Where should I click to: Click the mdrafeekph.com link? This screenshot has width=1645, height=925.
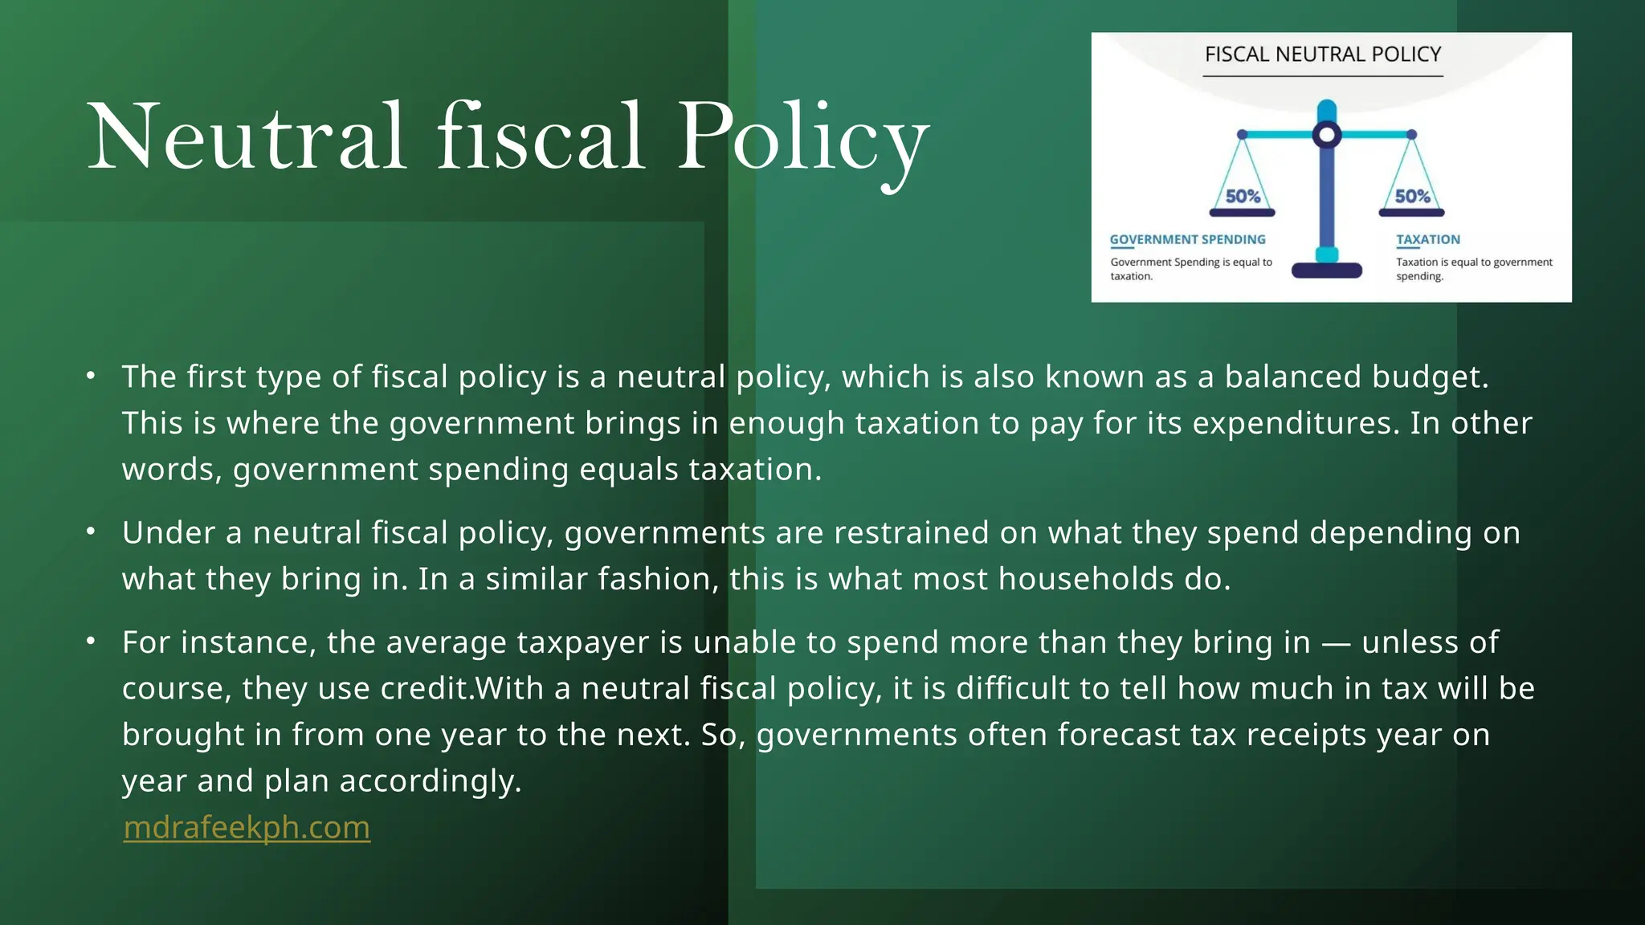pyautogui.click(x=247, y=827)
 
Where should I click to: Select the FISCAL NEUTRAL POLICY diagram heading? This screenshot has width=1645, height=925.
pyautogui.click(x=1323, y=55)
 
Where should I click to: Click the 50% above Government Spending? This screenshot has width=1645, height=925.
pyautogui.click(x=1243, y=197)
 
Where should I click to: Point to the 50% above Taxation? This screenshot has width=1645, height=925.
pyautogui.click(x=1412, y=197)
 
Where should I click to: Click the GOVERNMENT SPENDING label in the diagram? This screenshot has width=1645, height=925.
pyautogui.click(x=1187, y=239)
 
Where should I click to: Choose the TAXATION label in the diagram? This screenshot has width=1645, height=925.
pyautogui.click(x=1427, y=239)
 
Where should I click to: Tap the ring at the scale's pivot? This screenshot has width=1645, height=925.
pyautogui.click(x=1327, y=135)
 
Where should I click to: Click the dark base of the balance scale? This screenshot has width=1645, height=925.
pyautogui.click(x=1327, y=271)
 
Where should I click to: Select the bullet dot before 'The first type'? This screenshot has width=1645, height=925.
pyautogui.click(x=91, y=376)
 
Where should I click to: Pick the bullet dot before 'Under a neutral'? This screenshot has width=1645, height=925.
pyautogui.click(x=91, y=532)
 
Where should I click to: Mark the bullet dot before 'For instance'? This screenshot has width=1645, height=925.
pyautogui.click(x=91, y=641)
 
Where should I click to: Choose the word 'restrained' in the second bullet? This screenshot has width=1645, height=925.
pyautogui.click(x=911, y=532)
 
